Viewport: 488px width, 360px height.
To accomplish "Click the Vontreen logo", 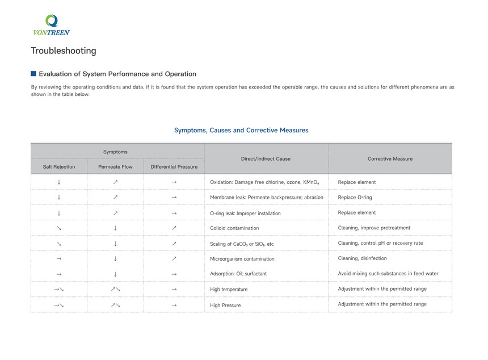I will click(x=51, y=25).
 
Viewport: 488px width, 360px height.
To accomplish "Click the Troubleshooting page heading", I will click(x=64, y=51).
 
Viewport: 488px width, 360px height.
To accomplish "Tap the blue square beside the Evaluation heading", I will click(x=33, y=74).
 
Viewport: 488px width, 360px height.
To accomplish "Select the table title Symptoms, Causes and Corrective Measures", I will click(x=241, y=131).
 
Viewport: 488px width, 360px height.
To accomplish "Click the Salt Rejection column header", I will click(x=59, y=167).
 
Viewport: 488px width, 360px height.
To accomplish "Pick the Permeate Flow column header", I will click(x=115, y=167).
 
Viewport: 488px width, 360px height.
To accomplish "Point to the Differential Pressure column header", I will click(x=174, y=167).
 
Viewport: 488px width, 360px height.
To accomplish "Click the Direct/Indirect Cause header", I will click(x=266, y=159).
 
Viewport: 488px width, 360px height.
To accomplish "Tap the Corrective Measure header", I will click(x=390, y=159).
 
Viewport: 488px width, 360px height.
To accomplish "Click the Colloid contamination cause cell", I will click(x=234, y=228).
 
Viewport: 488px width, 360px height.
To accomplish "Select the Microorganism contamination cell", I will click(x=242, y=259).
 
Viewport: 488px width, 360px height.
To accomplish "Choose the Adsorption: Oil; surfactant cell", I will click(x=238, y=274).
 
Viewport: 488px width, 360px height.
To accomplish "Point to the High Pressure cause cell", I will click(x=225, y=305).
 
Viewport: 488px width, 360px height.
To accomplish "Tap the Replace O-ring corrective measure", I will click(x=355, y=198).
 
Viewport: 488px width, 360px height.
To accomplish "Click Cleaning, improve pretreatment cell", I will click(x=374, y=228).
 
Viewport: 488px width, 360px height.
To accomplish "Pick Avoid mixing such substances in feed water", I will click(x=388, y=274).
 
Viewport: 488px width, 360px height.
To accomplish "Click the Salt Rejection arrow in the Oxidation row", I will click(x=59, y=182).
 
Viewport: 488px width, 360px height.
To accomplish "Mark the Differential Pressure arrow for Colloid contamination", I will click(x=174, y=228).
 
